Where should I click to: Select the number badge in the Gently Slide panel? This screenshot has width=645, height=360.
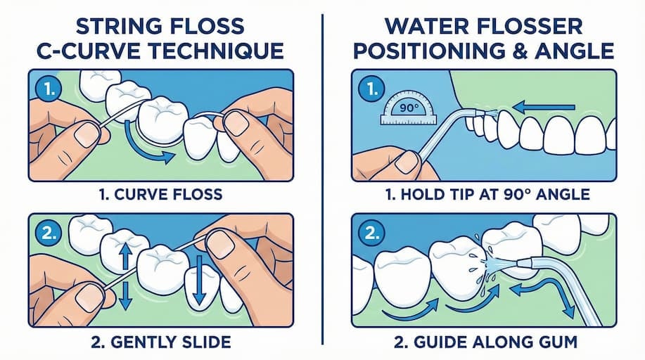49,233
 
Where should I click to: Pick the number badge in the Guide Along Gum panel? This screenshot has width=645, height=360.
372,233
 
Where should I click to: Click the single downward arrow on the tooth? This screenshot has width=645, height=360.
200,280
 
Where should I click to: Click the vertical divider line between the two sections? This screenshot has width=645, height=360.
322,179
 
